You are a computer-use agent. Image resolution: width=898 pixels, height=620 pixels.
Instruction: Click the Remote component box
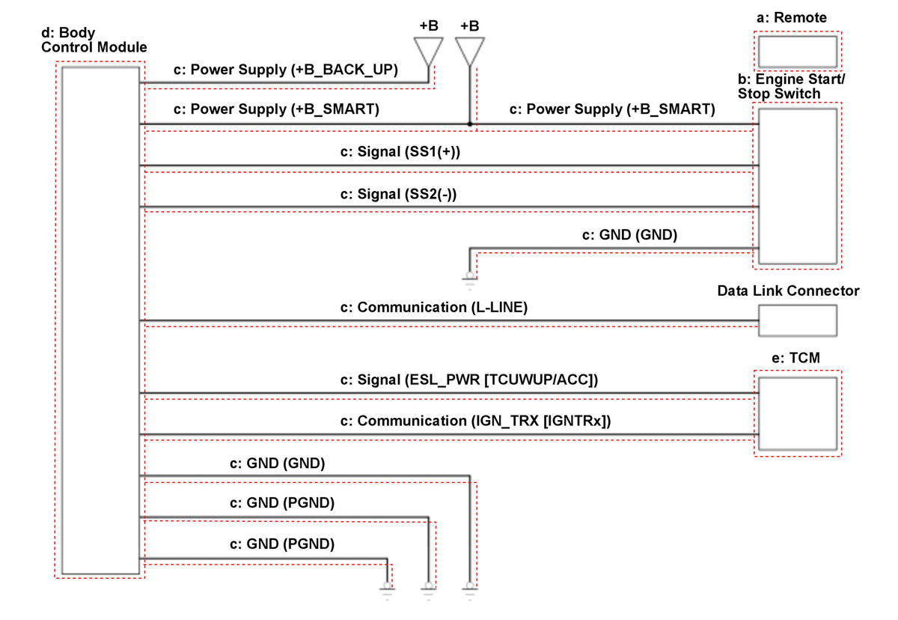(797, 52)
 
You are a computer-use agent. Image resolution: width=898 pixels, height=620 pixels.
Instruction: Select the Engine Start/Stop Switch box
(797, 186)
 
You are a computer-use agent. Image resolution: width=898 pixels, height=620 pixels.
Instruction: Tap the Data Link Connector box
(797, 320)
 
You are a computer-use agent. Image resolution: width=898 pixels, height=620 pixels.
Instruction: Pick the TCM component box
(797, 413)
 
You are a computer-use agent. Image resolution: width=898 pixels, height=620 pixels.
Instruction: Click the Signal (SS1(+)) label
(400, 152)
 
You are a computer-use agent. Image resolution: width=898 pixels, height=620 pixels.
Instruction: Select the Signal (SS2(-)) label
(399, 194)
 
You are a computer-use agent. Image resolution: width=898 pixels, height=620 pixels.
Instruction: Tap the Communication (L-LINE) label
(434, 307)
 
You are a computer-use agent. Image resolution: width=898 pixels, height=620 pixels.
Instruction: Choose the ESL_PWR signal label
(469, 380)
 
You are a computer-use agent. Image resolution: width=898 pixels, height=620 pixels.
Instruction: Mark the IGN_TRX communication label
(475, 421)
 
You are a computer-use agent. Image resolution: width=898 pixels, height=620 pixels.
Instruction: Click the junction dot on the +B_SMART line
(469, 124)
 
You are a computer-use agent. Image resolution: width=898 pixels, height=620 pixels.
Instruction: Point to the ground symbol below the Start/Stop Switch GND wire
(469, 279)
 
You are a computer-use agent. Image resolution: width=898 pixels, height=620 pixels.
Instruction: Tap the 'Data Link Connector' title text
(788, 291)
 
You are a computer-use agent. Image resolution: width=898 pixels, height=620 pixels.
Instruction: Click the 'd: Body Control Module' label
(96, 40)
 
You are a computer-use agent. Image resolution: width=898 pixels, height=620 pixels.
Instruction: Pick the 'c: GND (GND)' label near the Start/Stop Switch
(629, 235)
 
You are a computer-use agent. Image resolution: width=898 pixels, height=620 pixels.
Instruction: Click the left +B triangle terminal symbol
(429, 51)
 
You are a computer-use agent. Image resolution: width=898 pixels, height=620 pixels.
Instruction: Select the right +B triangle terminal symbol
(469, 51)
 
